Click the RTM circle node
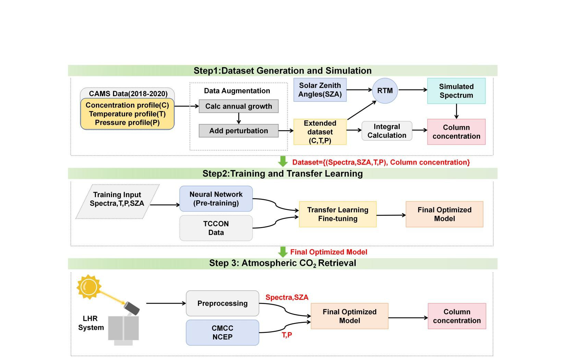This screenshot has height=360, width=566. pos(385,91)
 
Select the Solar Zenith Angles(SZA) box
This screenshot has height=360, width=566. pos(320,90)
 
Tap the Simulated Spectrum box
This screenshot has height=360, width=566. pos(456,91)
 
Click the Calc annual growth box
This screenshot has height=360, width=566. pos(238,106)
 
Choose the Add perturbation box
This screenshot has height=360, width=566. pos(238,131)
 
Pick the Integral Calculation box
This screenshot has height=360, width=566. pos(387,131)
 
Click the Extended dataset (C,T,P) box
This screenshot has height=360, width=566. pos(320,132)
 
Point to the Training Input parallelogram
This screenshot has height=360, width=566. pos(117,202)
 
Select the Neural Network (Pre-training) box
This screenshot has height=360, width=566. pos(216,199)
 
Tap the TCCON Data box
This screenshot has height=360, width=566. pos(216,228)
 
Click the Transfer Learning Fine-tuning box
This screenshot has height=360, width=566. pos(338,214)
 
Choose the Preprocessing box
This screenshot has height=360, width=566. pos(222,303)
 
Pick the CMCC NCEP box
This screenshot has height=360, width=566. pos(222,333)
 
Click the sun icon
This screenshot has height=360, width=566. pos(89,286)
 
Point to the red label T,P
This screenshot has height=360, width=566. pos(287,335)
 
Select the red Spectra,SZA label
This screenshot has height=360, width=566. pos(287,297)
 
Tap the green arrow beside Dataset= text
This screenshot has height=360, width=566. pos(283,161)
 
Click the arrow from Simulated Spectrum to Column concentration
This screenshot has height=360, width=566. pos(456,111)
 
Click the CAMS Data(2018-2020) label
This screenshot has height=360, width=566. pos(128,94)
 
